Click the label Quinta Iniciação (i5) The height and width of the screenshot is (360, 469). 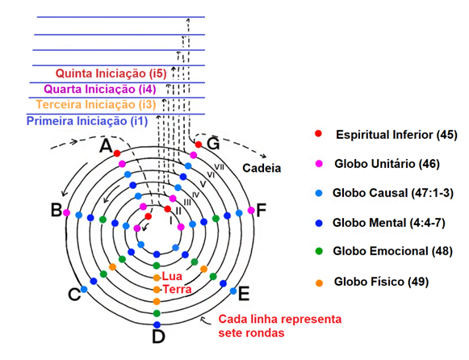pos(111,73)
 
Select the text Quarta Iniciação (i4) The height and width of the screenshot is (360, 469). pos(100,89)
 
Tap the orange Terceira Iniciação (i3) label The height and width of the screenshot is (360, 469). pos(96,105)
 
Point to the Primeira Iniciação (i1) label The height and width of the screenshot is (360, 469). pos(87,121)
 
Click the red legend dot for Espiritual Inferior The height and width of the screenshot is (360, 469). pos(319,133)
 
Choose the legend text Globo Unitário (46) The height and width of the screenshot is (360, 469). pos(387,164)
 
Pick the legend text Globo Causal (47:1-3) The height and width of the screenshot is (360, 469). pos(393,193)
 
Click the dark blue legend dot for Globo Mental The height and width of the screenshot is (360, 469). pos(319,223)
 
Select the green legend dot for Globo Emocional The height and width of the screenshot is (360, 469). pos(319,251)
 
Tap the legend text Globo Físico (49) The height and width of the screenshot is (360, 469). pos(381,282)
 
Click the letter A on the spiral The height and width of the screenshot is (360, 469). pos(106,146)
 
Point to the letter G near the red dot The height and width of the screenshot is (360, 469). pos(213,144)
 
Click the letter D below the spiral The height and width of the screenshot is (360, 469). pos(158,337)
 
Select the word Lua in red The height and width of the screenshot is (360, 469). pos(172,276)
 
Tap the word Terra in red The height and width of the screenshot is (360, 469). pos(177,289)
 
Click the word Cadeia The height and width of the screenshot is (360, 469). pos(262,168)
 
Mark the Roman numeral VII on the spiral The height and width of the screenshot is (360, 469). pos(219,167)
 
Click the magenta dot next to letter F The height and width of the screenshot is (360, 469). pos(251,211)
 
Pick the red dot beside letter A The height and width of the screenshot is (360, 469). pos(117,153)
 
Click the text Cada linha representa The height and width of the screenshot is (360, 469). pos(279,319)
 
